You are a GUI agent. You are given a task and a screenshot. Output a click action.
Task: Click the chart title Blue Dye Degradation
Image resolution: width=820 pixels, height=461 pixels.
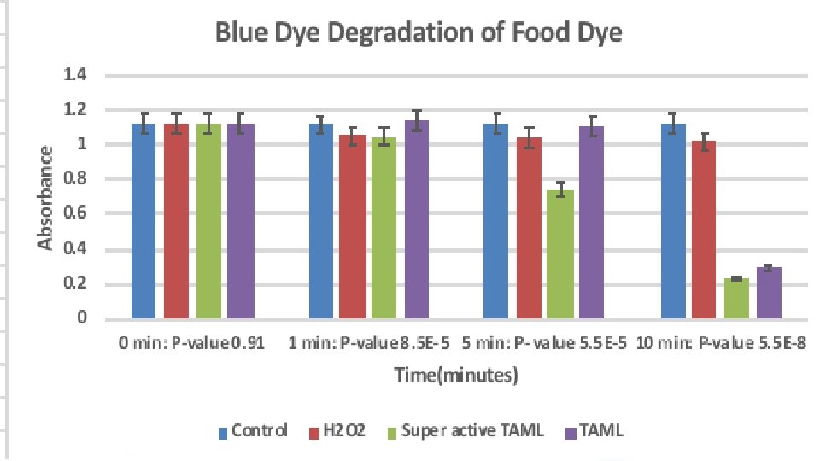tap(419, 34)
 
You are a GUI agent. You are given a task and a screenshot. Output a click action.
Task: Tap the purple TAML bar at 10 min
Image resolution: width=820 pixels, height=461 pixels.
tap(769, 293)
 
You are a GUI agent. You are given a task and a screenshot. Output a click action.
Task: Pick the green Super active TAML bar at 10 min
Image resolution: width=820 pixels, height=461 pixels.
tap(736, 298)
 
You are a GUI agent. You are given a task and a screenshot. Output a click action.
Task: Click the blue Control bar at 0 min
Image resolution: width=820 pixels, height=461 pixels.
tap(143, 221)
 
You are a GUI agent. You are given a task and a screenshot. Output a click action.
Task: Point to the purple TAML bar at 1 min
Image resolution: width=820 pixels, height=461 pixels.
tap(418, 219)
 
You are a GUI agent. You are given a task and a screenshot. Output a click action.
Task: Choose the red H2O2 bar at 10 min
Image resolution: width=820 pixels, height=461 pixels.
tap(705, 230)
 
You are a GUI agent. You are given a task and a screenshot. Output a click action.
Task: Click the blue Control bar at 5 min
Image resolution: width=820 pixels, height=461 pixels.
tap(495, 221)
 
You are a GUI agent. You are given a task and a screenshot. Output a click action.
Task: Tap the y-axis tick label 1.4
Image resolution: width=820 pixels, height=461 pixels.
tap(76, 75)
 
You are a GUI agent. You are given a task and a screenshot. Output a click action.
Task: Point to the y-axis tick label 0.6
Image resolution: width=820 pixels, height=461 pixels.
tap(76, 214)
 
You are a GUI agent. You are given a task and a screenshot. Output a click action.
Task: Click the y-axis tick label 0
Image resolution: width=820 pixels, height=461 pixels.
tap(82, 319)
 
